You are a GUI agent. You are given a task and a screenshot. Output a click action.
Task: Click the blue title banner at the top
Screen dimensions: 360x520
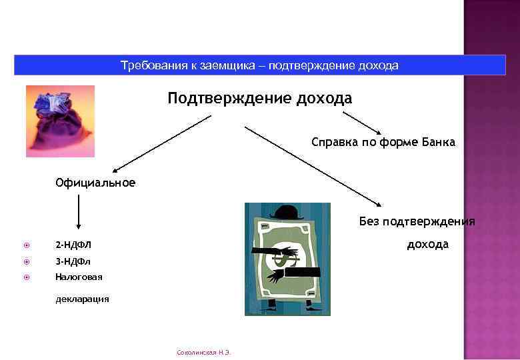point(260,65)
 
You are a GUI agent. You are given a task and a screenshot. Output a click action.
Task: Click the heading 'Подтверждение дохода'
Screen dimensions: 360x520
point(260,99)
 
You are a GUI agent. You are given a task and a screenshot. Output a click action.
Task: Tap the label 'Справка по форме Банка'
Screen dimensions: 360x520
point(383,142)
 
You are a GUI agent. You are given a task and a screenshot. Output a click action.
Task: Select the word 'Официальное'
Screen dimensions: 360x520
point(95,183)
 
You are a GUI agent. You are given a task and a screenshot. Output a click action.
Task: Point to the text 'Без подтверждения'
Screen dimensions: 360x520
point(417,221)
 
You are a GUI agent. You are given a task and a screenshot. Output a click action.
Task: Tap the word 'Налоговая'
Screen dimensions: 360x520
point(79,276)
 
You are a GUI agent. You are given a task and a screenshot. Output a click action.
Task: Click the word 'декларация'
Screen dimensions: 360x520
point(82,299)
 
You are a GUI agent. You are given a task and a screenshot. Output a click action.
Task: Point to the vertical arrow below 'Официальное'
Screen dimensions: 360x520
point(79,215)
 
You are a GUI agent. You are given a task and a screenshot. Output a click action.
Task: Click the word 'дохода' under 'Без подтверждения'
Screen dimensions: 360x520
point(427,244)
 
